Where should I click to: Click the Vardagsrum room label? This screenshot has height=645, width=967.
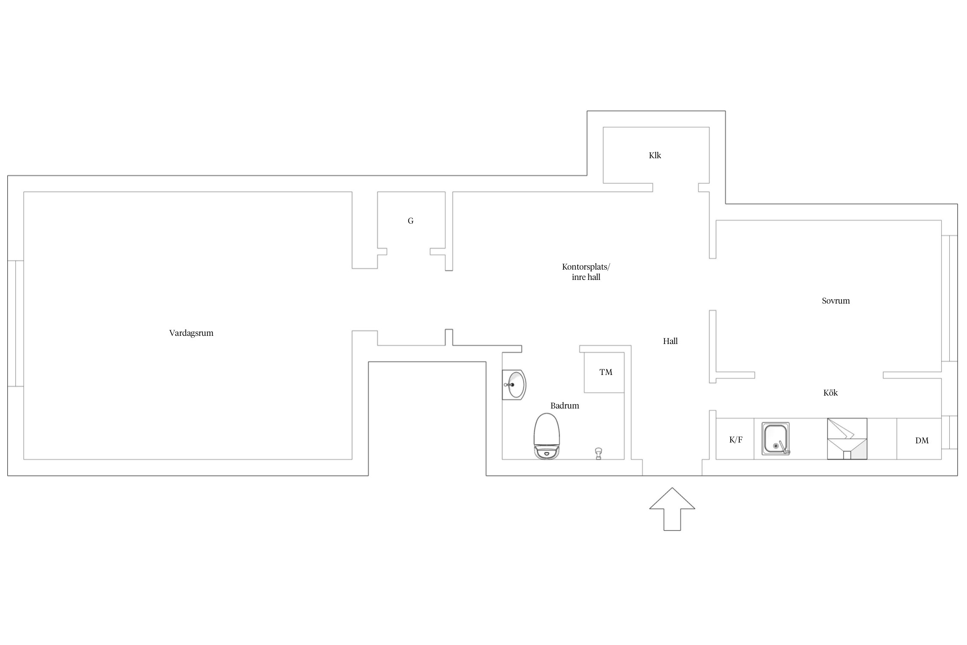tap(191, 333)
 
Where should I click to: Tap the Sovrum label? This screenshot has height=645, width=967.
tap(835, 301)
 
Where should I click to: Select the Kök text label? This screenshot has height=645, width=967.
tap(830, 393)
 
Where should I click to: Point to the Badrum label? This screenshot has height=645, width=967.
tap(565, 405)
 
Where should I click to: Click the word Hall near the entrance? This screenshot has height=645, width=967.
tap(670, 341)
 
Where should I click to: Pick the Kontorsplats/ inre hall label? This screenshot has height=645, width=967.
tap(586, 272)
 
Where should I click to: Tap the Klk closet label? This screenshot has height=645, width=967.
tap(655, 155)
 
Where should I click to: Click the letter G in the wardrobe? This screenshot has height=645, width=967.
tap(410, 221)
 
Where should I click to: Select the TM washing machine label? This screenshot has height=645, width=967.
tap(606, 372)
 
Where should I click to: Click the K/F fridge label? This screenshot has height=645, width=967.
tap(736, 440)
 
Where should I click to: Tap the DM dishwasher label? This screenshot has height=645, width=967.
tap(922, 440)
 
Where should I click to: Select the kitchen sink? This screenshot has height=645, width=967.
tap(776, 438)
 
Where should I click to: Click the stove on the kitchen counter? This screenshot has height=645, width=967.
tap(847, 439)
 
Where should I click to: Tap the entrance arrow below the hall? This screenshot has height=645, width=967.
tap(672, 509)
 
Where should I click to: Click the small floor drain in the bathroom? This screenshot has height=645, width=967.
tap(598, 454)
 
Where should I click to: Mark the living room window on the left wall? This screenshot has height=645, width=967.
tap(15, 323)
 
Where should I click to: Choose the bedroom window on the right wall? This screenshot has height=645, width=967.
tap(949, 298)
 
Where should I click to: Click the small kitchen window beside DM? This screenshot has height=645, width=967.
tap(949, 433)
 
